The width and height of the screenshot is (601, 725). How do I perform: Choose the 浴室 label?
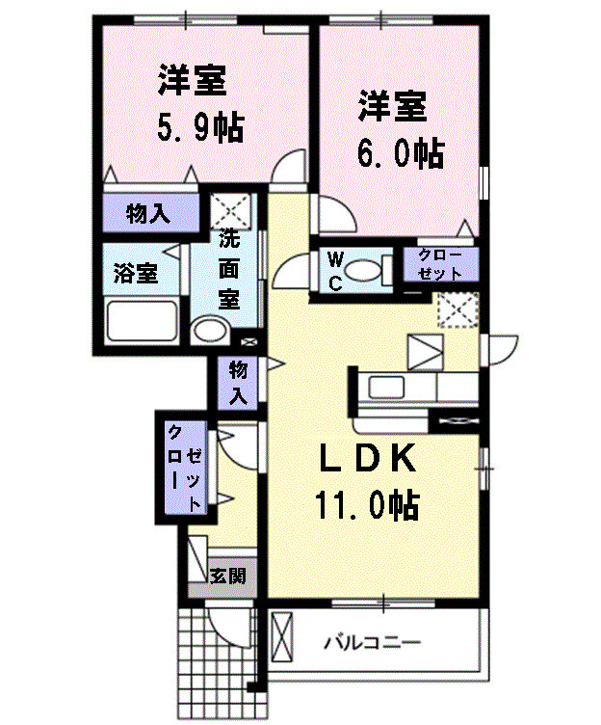(x=136, y=273)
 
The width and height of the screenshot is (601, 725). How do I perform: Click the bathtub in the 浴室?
(x=142, y=321)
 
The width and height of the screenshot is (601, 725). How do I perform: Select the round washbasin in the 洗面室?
(x=207, y=333)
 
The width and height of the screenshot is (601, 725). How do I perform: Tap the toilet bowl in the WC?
(x=360, y=271)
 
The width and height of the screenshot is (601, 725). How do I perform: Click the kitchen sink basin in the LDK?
(x=390, y=389)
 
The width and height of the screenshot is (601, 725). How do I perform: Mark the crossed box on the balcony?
(x=282, y=640)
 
